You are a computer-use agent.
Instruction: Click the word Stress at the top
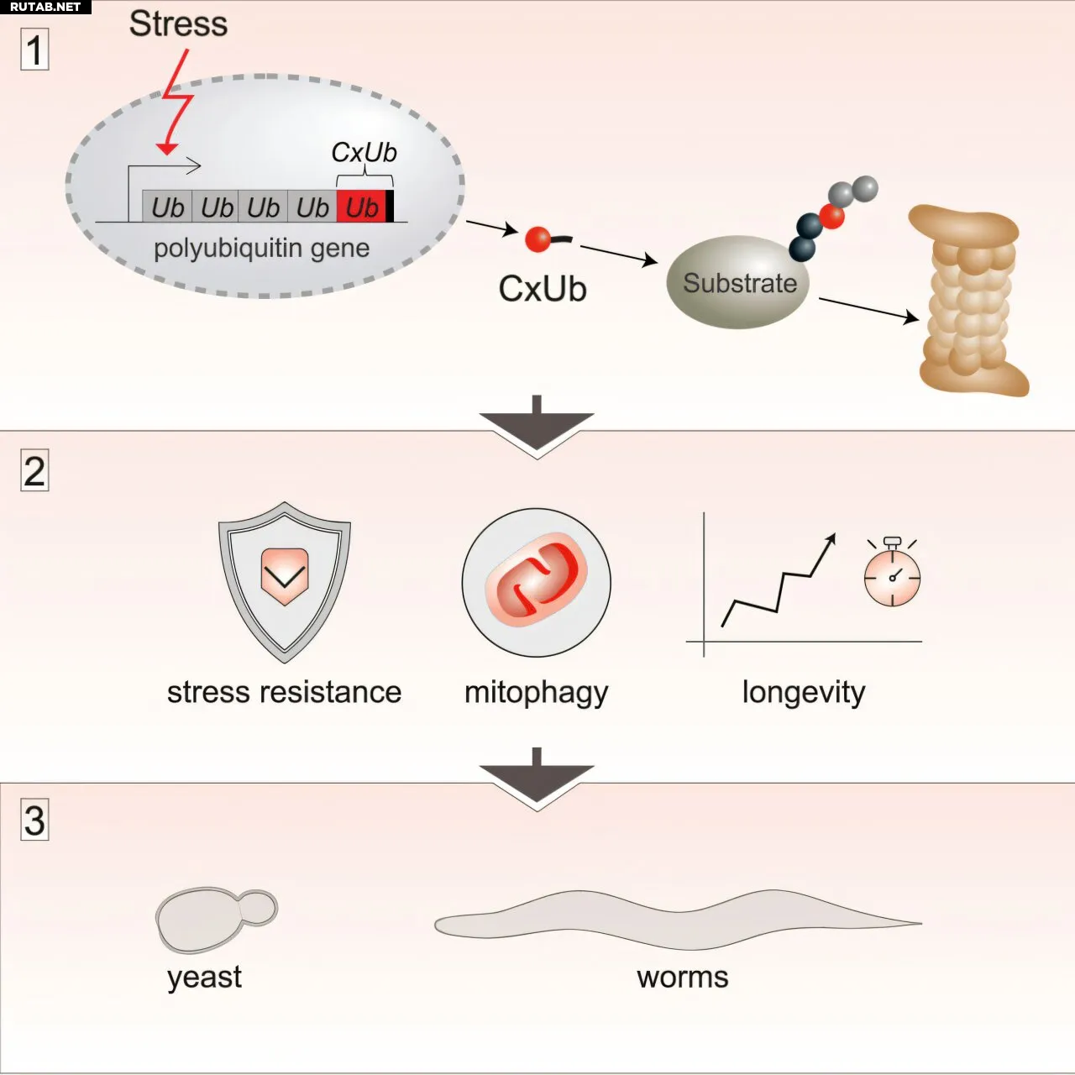[178, 24]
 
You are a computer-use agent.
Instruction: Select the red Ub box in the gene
[361, 207]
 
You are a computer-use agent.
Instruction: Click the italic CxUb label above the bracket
[364, 152]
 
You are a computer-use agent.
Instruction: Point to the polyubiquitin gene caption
[261, 248]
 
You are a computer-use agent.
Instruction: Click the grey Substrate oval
[738, 283]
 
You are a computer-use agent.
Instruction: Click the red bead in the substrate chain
[831, 217]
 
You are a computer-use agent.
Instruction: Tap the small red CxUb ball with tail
[538, 239]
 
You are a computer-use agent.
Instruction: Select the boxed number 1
[34, 50]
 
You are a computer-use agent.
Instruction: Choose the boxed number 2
[34, 470]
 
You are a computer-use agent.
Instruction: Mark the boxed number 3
[34, 821]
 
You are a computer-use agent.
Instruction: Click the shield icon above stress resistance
[285, 580]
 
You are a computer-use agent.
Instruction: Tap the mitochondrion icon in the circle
[536, 582]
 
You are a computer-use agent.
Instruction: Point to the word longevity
[803, 692]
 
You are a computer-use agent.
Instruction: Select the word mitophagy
[536, 693]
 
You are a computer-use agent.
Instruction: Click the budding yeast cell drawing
[214, 918]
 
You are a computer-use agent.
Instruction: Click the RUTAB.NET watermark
[45, 7]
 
